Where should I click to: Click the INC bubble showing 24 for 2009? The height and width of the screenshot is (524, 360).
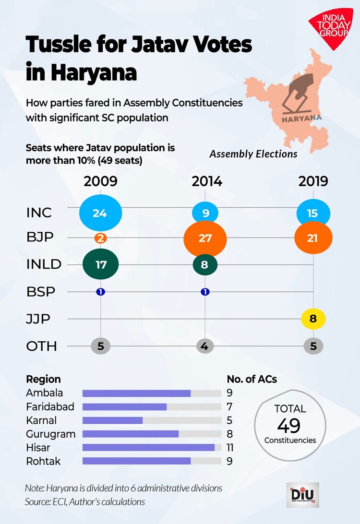pos(100,213)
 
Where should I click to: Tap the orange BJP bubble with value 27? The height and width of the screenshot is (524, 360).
pos(205,238)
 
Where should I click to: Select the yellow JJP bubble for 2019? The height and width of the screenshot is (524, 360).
pos(313,318)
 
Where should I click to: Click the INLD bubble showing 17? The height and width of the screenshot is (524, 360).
pos(101,264)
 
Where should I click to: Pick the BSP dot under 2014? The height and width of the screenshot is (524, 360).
pos(205,291)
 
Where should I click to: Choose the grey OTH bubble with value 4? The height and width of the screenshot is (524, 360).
pos(205,345)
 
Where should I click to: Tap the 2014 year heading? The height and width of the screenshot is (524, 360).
pos(207,181)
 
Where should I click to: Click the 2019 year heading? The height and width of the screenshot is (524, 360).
pos(313,181)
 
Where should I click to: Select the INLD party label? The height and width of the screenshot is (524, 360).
pos(44,264)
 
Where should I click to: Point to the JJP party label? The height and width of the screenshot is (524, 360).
pos(38,319)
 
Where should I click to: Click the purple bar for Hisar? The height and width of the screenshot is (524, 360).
pos(148,448)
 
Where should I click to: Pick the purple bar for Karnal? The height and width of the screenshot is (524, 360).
pos(113,421)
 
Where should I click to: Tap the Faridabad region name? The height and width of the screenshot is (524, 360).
pos(50,407)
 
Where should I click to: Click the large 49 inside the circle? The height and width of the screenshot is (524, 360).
pos(289,425)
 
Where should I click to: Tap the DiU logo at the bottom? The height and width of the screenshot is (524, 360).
pos(302,495)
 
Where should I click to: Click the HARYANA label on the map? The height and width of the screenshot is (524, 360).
pos(302,118)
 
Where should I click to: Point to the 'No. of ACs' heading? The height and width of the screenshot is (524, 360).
pos(252,379)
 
